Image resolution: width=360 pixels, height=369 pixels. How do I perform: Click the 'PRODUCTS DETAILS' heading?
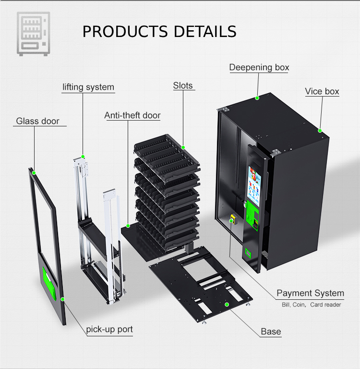tap(159, 32)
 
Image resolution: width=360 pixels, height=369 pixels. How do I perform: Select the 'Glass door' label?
tap(37, 121)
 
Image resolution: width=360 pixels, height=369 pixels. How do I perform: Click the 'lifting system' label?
tap(88, 87)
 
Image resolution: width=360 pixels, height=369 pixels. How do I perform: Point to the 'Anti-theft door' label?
tap(132, 115)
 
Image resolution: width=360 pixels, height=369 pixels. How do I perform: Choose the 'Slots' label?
tap(183, 86)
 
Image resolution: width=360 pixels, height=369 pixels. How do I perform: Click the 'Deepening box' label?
tap(259, 67)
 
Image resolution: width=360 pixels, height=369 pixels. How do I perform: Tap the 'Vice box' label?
tap(322, 91)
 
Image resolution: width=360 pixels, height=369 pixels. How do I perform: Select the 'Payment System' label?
tap(310, 293)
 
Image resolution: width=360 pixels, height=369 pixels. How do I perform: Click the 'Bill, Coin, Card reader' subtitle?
tap(311, 305)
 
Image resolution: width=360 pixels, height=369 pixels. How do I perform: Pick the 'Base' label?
tap(271, 332)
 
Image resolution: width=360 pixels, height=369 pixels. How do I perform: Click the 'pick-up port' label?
tap(109, 330)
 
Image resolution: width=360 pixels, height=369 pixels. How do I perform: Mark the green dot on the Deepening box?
tap(257, 98)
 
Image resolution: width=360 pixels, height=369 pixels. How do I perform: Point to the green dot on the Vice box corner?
tap(320, 130)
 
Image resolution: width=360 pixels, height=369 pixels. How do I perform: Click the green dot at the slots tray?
tap(183, 140)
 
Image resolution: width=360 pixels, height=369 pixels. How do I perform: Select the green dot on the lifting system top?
tap(83, 156)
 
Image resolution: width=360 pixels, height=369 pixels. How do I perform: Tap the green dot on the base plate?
tap(228, 304)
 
